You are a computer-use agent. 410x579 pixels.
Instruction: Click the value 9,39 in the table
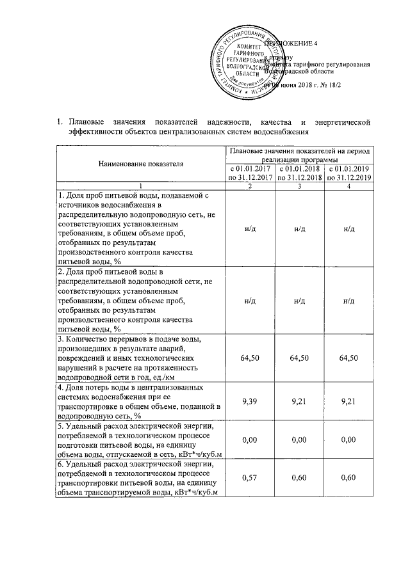[x=248, y=401]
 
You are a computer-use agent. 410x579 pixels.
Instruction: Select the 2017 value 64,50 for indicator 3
[x=248, y=357]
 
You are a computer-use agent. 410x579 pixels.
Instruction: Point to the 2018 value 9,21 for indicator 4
[x=299, y=401]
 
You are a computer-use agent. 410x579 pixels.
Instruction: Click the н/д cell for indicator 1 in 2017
[x=248, y=227]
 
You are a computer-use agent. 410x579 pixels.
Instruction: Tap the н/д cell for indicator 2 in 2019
[x=349, y=299]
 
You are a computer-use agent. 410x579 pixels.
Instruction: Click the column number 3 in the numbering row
[x=299, y=185]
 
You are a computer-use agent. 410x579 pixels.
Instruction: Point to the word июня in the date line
[x=286, y=84]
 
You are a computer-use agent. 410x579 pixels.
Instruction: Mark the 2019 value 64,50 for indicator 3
[x=349, y=357]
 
